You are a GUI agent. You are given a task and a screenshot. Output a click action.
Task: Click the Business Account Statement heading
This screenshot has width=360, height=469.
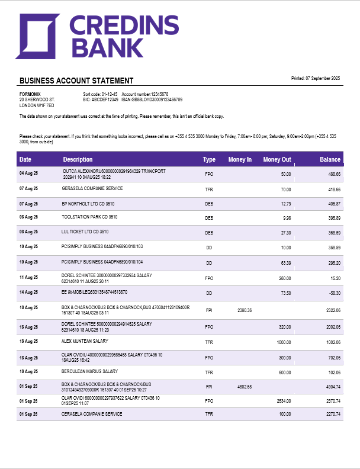tap(76, 81)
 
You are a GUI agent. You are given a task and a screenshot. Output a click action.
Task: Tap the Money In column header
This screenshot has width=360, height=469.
tap(240, 159)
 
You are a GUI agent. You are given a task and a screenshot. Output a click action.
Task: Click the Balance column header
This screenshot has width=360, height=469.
tap(330, 159)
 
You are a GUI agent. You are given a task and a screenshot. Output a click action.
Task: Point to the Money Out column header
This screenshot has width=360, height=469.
tap(277, 159)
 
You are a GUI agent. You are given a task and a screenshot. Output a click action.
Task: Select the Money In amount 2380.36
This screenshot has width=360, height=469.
tap(245, 310)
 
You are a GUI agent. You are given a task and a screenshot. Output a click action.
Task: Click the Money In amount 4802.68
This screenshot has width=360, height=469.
tap(245, 387)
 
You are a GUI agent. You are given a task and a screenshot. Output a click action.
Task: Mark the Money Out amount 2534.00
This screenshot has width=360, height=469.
tap(282, 401)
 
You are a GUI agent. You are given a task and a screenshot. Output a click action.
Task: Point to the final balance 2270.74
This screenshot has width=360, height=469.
tap(332, 414)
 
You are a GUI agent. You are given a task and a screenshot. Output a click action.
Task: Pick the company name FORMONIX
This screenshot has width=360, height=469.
tap(30, 94)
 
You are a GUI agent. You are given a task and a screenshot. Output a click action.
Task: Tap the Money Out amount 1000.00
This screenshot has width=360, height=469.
tap(284, 342)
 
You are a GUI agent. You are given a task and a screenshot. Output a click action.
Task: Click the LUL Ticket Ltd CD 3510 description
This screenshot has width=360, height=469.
tap(85, 232)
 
